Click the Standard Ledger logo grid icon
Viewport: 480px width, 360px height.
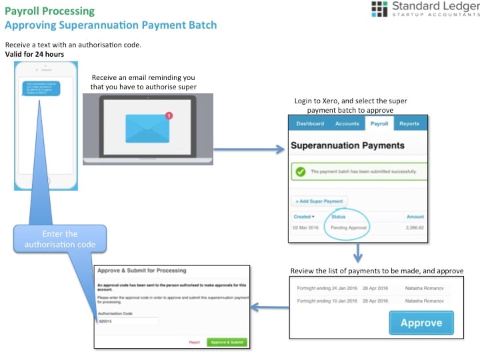pyautogui.click(x=379, y=9)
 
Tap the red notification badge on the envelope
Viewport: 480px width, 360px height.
pyautogui.click(x=169, y=115)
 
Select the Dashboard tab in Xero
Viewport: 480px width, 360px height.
pyautogui.click(x=310, y=123)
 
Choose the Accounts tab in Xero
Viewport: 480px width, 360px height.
pyautogui.click(x=347, y=123)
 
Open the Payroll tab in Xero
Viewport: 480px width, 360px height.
pyautogui.click(x=379, y=123)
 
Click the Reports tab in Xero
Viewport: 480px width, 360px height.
pyautogui.click(x=409, y=123)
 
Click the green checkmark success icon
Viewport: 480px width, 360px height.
pyautogui.click(x=301, y=171)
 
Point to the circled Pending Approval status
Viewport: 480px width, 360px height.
pyautogui.click(x=349, y=227)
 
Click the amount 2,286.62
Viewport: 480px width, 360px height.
pyautogui.click(x=415, y=227)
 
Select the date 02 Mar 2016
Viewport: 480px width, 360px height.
pyautogui.click(x=305, y=227)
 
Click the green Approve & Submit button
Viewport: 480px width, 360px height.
pyautogui.click(x=227, y=342)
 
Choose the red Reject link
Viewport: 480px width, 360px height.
pyautogui.click(x=195, y=342)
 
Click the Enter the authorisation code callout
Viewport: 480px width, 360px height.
pyautogui.click(x=60, y=239)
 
